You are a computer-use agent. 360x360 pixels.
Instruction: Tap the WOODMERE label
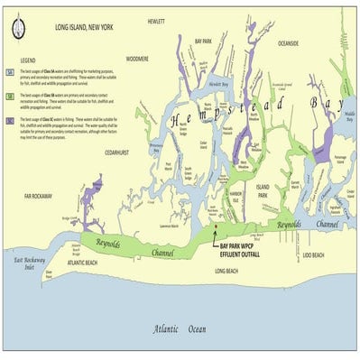tap(137, 58)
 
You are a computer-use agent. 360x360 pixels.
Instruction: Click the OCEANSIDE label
tap(288, 43)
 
